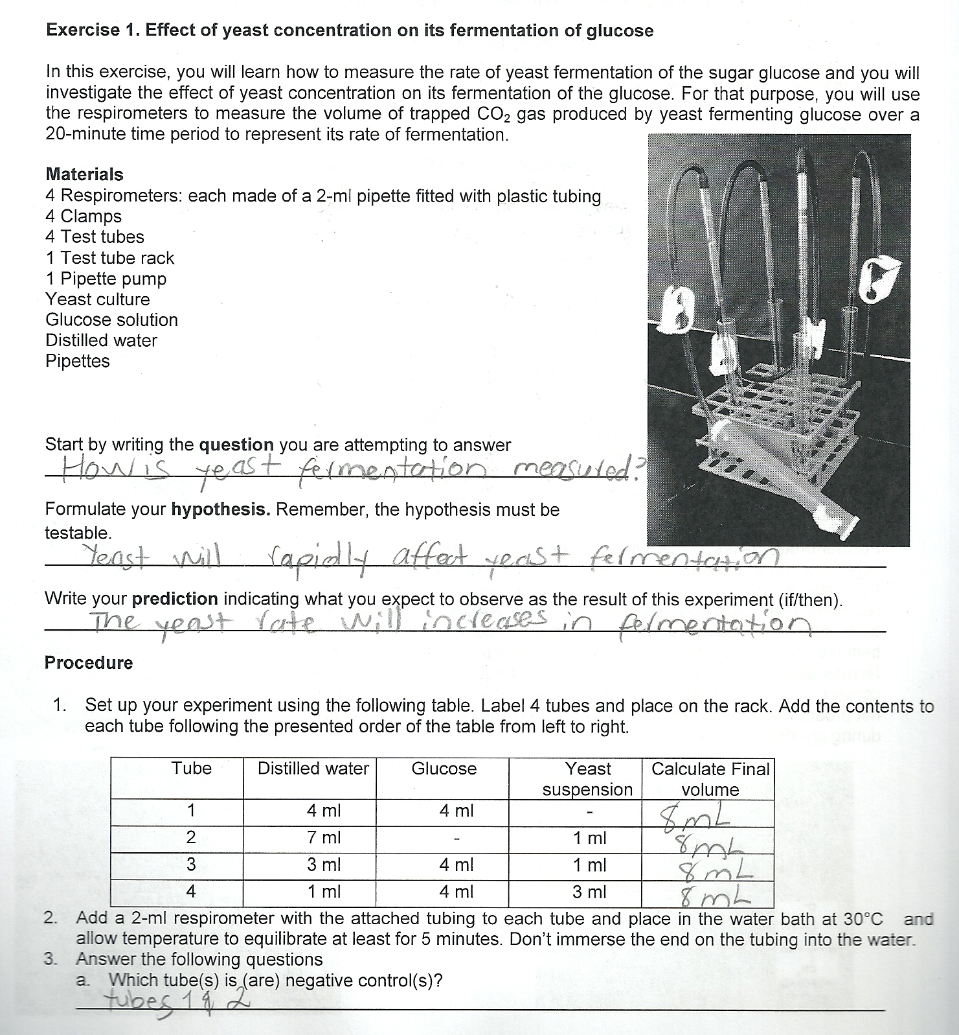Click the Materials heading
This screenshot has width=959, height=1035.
point(84,174)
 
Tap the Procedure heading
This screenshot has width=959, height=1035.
point(89,663)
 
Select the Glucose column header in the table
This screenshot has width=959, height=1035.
point(444,769)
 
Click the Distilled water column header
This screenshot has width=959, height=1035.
point(313,769)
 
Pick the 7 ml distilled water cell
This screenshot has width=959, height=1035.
point(323,837)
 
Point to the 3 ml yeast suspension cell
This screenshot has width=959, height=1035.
point(589,892)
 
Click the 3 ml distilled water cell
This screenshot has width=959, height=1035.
point(323,865)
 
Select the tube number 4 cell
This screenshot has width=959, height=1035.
point(191,892)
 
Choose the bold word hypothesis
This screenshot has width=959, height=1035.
point(220,510)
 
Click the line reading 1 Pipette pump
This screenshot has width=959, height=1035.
point(106,279)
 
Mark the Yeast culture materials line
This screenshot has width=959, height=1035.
point(97,299)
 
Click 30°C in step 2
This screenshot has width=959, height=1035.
point(863,919)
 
